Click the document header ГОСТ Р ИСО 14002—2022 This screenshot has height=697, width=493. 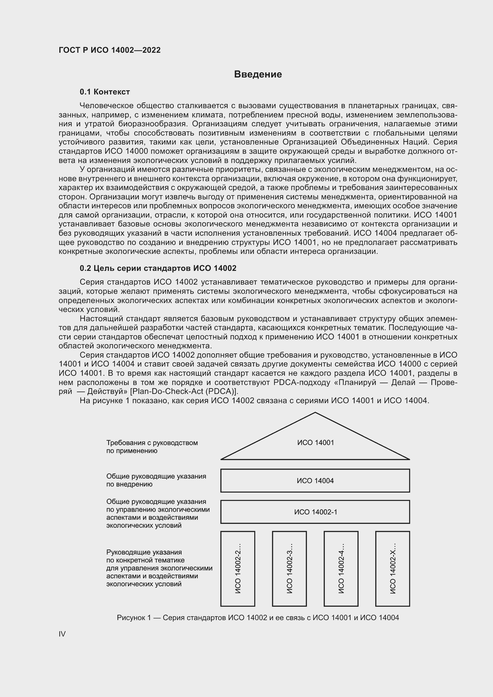110,50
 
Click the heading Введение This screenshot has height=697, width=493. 258,74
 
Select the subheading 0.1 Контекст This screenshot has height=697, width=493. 105,92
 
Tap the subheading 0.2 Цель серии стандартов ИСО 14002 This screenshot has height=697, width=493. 158,268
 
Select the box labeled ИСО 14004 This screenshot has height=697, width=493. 315,481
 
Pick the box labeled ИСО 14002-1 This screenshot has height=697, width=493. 315,512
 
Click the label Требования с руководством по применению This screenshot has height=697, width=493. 152,447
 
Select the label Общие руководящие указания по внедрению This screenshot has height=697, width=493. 156,480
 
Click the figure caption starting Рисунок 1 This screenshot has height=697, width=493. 258,617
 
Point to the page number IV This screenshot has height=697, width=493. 62,634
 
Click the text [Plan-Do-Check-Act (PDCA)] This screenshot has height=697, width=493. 184,391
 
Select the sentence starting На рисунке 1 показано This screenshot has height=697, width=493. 254,400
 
